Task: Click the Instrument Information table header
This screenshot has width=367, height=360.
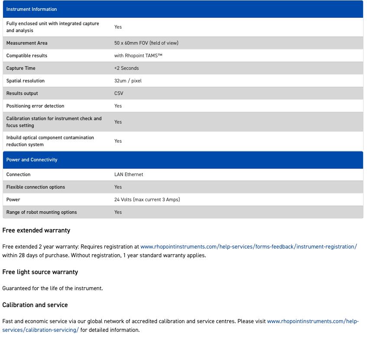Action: tap(32, 9)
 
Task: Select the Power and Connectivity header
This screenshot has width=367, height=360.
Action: tap(32, 160)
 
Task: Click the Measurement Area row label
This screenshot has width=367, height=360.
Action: tap(27, 43)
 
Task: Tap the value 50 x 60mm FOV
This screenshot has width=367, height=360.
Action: tap(146, 43)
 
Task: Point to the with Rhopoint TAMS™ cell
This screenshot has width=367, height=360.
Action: tap(138, 56)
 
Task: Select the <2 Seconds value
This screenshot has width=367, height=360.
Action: tap(127, 68)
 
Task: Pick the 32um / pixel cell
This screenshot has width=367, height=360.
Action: tap(128, 81)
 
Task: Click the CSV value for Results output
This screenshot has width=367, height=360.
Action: tap(119, 93)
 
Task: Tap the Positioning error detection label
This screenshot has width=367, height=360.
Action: tap(35, 106)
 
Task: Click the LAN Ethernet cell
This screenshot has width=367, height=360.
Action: tap(129, 174)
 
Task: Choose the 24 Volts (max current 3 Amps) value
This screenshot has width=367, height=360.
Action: tap(147, 200)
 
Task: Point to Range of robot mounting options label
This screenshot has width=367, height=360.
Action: tap(42, 212)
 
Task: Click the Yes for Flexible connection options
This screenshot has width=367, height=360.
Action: tap(118, 187)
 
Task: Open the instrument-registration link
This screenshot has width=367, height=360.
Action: tap(249, 246)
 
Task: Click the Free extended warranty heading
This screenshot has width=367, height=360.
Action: tap(36, 230)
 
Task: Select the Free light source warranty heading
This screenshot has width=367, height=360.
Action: tap(40, 272)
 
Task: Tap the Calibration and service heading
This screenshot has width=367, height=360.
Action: tap(35, 305)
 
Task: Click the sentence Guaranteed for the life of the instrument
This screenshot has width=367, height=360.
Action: tap(52, 288)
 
